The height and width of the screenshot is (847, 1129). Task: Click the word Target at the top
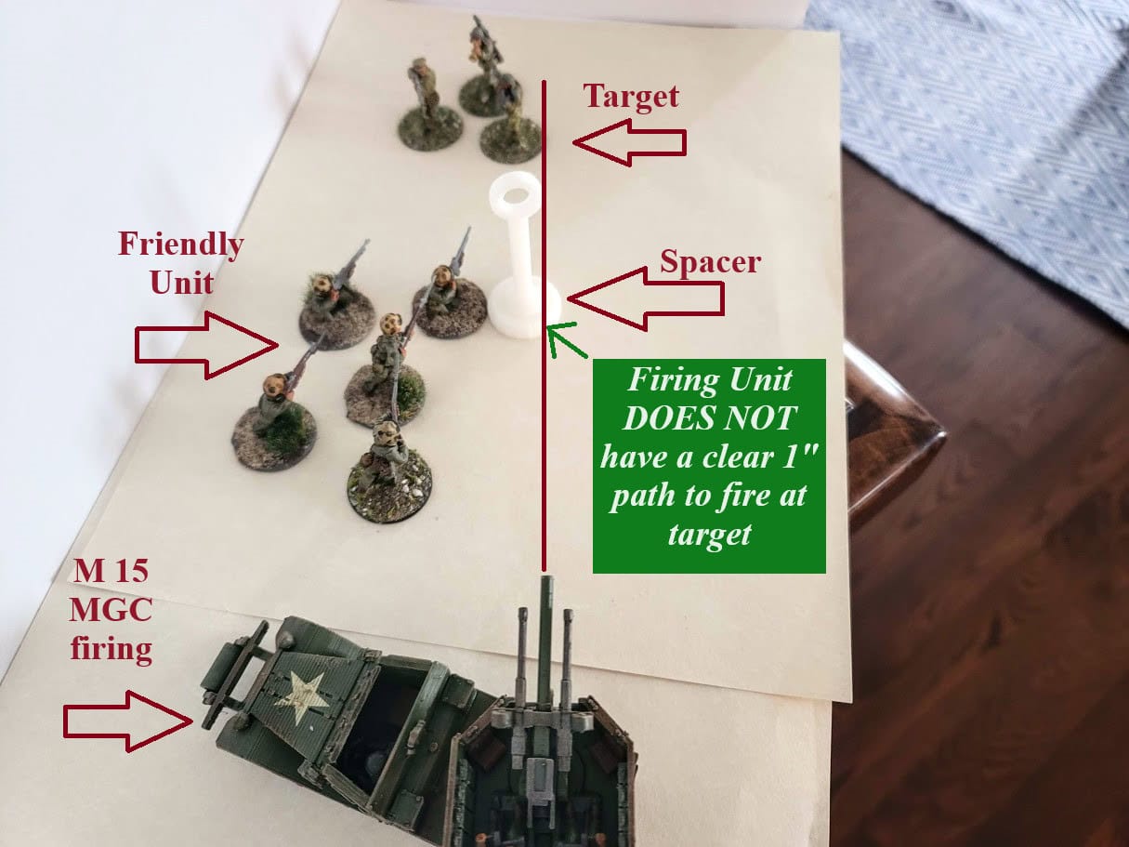pyautogui.click(x=631, y=97)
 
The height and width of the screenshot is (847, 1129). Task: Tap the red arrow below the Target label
pyautogui.click(x=629, y=142)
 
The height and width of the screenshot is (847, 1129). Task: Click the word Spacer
pyautogui.click(x=710, y=261)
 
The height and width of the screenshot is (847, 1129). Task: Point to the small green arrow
pyautogui.click(x=567, y=340)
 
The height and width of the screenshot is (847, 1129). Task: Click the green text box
pyautogui.click(x=709, y=465)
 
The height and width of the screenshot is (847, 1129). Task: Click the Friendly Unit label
pyautogui.click(x=180, y=263)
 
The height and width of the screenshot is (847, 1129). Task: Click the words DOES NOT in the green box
pyautogui.click(x=709, y=418)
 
